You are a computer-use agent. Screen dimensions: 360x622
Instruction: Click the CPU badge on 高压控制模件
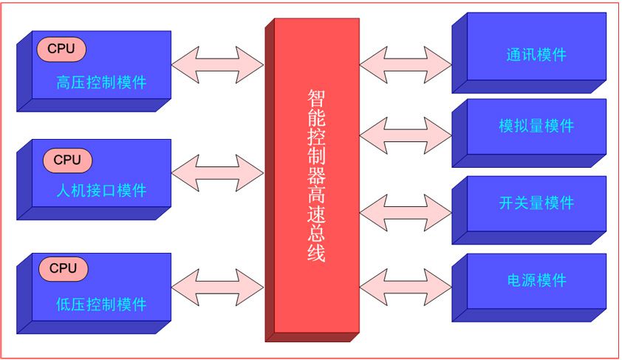click(61, 49)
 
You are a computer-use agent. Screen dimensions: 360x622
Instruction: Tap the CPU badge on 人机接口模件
click(67, 160)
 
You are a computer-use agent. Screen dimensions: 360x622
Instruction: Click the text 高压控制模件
click(101, 82)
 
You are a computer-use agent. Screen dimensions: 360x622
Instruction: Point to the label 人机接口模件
click(101, 191)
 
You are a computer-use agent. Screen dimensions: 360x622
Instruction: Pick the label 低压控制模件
click(101, 304)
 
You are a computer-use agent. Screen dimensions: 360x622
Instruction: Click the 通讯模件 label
click(536, 55)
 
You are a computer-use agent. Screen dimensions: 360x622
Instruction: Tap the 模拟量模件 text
click(536, 126)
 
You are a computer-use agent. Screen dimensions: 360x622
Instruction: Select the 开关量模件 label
click(536, 203)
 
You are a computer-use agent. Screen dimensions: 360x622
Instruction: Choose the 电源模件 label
click(536, 280)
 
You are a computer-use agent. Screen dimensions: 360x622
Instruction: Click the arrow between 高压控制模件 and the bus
click(217, 64)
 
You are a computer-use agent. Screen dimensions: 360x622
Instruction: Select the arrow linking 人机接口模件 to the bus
click(217, 173)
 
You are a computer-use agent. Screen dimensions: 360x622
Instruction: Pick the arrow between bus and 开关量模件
click(406, 208)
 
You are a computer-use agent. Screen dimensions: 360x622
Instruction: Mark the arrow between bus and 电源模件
click(406, 285)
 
